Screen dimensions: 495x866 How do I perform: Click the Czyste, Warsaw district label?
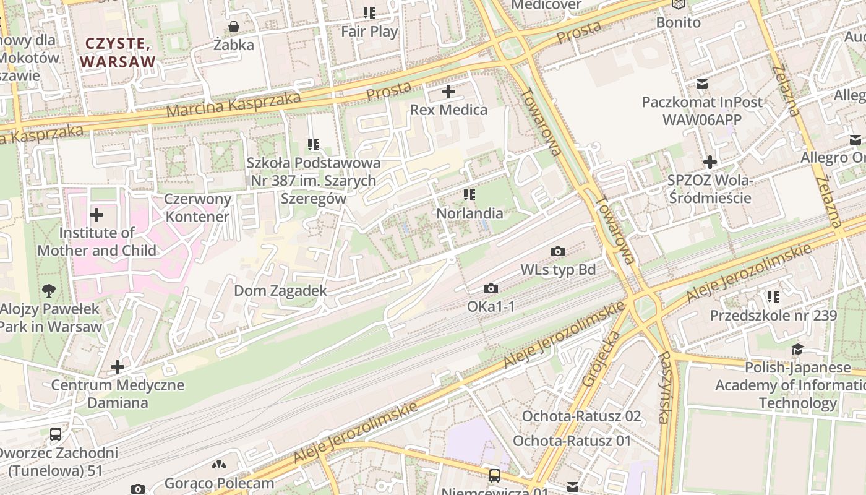[x=117, y=53]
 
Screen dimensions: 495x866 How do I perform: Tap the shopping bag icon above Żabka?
[x=234, y=27]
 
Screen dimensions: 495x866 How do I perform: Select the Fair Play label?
[x=369, y=31]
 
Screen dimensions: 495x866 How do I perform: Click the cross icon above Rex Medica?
[x=448, y=92]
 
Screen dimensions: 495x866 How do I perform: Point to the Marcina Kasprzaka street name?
[x=234, y=105]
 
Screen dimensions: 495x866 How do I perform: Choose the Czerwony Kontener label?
[x=197, y=208]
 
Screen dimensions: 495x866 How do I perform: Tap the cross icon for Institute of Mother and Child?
[x=96, y=215]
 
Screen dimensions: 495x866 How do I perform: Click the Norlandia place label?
[x=469, y=213]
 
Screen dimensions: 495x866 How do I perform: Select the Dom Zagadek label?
[x=280, y=290]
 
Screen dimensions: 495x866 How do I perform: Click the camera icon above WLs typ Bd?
[x=557, y=251]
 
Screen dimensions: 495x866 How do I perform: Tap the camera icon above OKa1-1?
[x=491, y=288]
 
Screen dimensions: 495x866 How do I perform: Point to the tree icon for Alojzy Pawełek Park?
[x=49, y=290]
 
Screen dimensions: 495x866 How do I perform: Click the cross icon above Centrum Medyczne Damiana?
[x=117, y=367]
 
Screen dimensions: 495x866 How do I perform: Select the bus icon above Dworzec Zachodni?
[x=56, y=434]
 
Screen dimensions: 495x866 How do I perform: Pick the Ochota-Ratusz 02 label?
[x=581, y=416]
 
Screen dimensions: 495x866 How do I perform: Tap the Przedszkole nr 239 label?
[x=773, y=316]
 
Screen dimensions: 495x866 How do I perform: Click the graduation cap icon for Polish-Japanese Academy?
[x=797, y=350]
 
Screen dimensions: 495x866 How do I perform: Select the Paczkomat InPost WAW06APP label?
[x=702, y=110]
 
